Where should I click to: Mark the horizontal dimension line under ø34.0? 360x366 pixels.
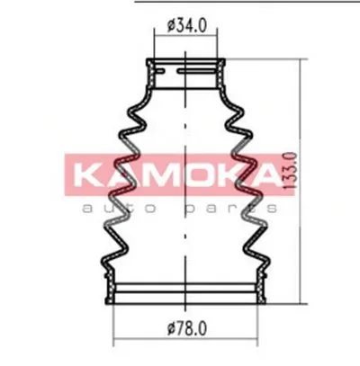point(186,37)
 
